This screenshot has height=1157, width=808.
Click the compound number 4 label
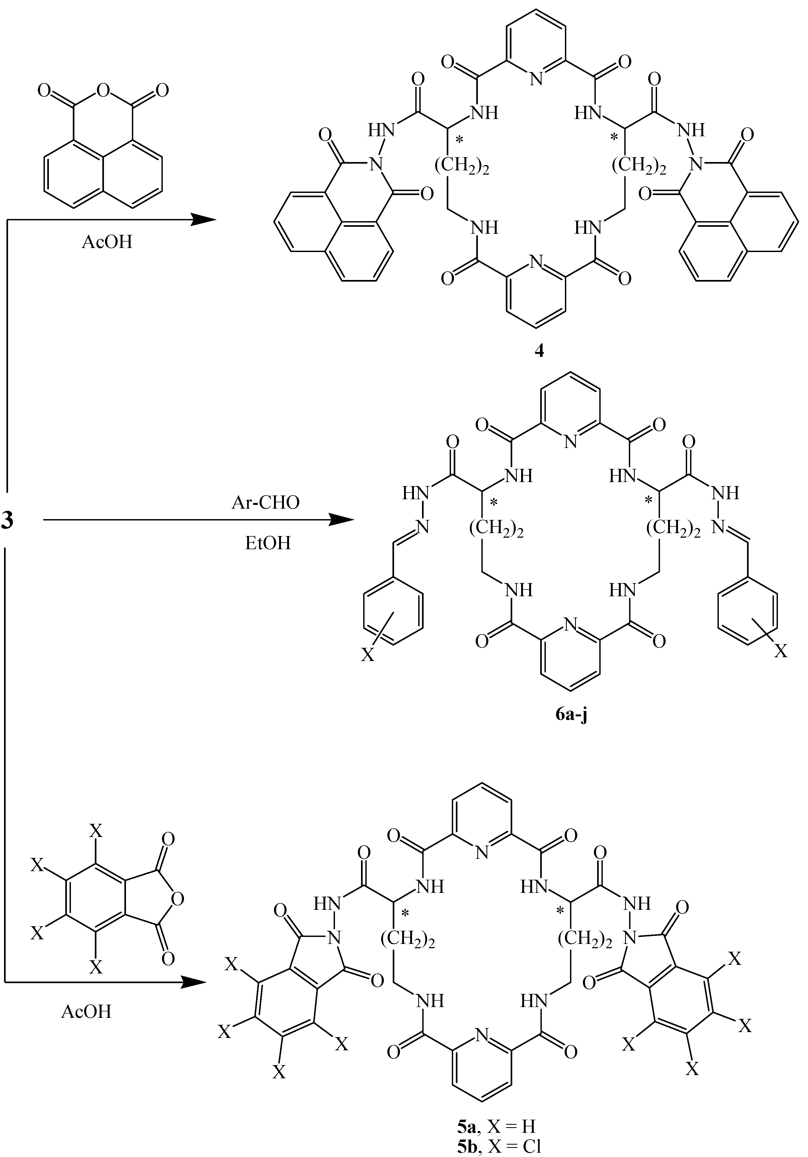coord(539,351)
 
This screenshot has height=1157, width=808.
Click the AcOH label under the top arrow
coord(107,242)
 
